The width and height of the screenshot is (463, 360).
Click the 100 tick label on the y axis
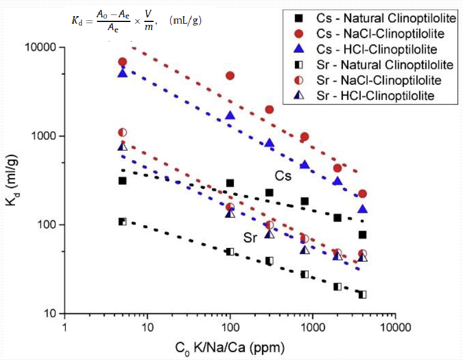pyautogui.click(x=44, y=225)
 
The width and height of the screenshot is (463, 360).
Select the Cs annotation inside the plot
pyautogui.click(x=283, y=176)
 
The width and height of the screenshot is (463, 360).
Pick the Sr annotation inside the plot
pyautogui.click(x=249, y=237)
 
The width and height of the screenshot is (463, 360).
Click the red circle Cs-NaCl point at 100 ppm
pyautogui.click(x=230, y=76)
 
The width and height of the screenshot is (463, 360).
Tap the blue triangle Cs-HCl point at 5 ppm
pyautogui.click(x=122, y=73)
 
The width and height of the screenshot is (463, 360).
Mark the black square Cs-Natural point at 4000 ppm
pyautogui.click(x=363, y=235)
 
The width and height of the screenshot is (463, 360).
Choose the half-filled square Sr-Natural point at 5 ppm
pyautogui.click(x=122, y=222)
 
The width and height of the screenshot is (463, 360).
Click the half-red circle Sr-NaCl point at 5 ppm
pyautogui.click(x=122, y=133)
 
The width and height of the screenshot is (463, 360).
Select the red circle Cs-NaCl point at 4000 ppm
pyautogui.click(x=363, y=194)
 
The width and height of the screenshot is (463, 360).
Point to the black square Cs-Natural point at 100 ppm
pyautogui.click(x=230, y=183)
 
